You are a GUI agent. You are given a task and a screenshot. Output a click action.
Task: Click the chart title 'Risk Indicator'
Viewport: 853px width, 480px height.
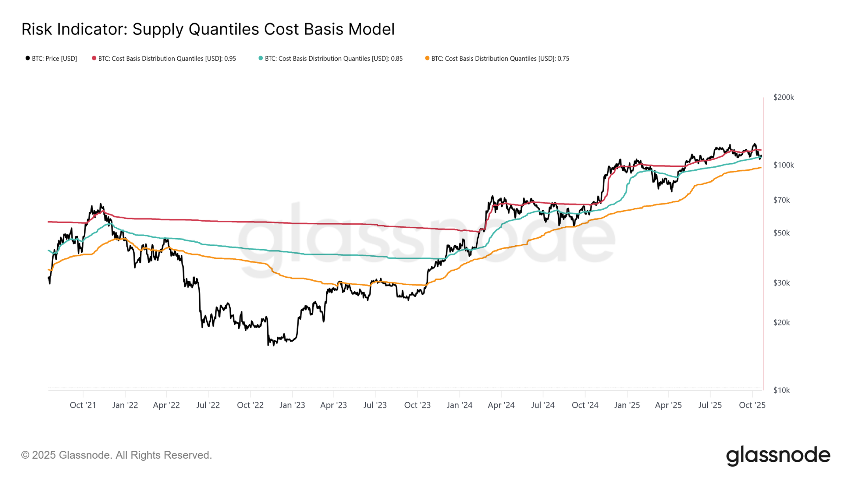pos(208,29)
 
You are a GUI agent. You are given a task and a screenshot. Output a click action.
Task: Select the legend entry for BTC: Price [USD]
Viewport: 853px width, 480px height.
pos(51,58)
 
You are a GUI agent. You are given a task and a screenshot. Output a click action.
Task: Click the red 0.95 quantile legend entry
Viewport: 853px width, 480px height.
pos(164,58)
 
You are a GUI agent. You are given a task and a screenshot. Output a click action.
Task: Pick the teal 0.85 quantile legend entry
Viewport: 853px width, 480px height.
pos(331,58)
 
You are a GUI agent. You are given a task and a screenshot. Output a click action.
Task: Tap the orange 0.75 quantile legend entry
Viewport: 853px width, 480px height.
pos(497,58)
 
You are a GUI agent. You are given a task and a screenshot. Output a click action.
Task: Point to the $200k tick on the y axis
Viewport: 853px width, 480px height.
pos(783,97)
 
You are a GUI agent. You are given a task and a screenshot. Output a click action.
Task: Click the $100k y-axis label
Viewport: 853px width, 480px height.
pos(783,165)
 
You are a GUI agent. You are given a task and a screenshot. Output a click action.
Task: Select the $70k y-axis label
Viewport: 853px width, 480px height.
pos(781,200)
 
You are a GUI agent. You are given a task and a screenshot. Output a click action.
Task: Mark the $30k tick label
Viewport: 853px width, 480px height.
pos(781,283)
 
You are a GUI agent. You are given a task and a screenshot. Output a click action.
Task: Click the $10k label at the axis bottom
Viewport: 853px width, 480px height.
pos(781,390)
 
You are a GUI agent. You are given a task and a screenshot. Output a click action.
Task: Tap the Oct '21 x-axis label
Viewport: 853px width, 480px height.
pos(83,405)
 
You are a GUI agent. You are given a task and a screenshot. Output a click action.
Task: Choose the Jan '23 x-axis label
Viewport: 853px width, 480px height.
pos(292,405)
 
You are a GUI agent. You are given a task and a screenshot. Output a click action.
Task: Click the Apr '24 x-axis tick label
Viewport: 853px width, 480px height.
pos(501,405)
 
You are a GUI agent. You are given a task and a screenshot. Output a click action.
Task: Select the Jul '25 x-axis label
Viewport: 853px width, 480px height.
pos(710,405)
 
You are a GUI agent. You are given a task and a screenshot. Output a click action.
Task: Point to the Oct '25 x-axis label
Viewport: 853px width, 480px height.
pos(752,405)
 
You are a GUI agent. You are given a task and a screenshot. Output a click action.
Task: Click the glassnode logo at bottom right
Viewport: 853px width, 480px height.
pos(778,455)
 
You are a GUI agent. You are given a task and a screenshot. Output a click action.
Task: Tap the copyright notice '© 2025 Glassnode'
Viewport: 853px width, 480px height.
pos(116,455)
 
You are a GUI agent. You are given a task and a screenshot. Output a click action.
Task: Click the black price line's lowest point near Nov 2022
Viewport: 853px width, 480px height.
pos(269,345)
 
